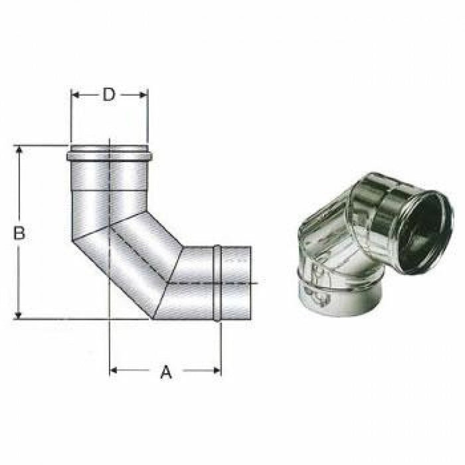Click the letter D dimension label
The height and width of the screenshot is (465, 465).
click(x=109, y=95)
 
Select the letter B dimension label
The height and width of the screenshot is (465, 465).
click(x=20, y=233)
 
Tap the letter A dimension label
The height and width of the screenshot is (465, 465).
click(x=166, y=373)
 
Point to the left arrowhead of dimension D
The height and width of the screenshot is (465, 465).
click(x=74, y=95)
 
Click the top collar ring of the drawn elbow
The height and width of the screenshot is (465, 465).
click(x=109, y=157)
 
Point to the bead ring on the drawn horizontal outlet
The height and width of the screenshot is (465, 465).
click(x=217, y=282)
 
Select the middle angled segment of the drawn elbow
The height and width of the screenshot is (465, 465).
click(x=130, y=259)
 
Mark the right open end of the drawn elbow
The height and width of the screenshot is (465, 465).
click(x=250, y=282)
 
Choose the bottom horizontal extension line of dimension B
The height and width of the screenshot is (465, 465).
click(x=66, y=320)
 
